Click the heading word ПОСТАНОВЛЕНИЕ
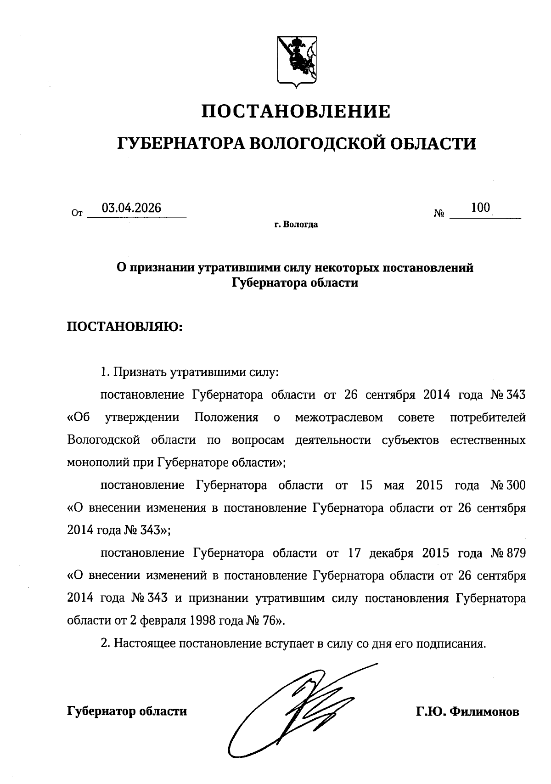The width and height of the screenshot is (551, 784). pos(296,111)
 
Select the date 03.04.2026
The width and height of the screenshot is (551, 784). pos(132,208)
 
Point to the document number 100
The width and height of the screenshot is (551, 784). pos(480,208)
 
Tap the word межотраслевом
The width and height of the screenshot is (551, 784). pos(339,417)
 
